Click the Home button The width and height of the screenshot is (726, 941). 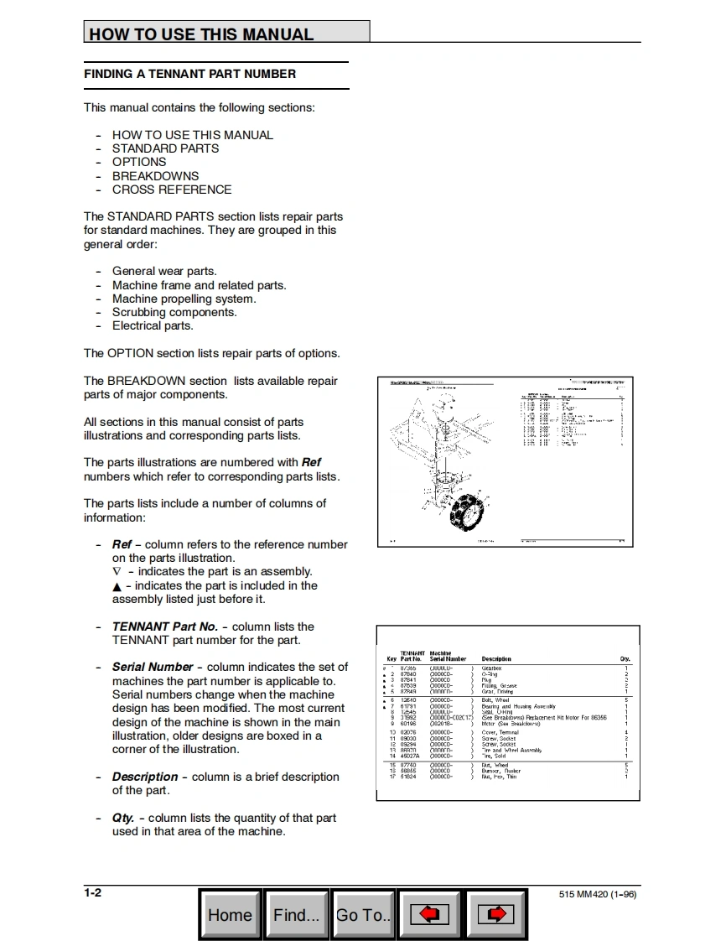tap(230, 914)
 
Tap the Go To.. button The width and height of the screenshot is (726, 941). tap(363, 914)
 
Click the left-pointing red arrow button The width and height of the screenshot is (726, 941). tap(429, 914)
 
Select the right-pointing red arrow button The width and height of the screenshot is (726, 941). tap(495, 914)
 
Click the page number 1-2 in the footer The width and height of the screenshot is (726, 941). tap(93, 892)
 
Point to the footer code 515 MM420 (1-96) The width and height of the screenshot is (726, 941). tap(597, 894)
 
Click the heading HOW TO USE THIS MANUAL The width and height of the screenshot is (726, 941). tap(201, 34)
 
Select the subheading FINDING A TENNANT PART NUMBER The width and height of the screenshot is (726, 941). tap(189, 74)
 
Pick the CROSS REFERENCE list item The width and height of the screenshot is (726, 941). tap(172, 190)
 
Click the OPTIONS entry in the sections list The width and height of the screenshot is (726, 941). tap(139, 162)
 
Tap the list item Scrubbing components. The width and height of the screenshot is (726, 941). tap(174, 312)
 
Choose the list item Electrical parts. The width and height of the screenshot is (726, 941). tap(153, 325)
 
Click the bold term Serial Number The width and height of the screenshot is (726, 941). tap(153, 667)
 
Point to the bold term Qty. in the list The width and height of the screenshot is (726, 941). tap(123, 818)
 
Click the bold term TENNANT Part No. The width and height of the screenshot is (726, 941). tap(165, 626)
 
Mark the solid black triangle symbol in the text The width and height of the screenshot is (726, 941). tap(117, 586)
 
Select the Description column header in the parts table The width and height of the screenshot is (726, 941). tap(496, 659)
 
